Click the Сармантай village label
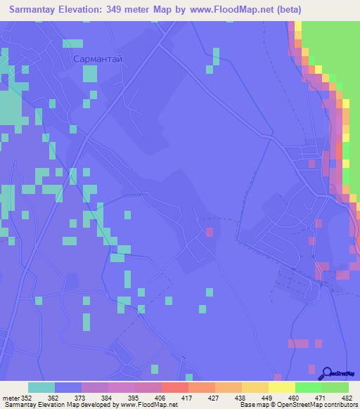(98, 60)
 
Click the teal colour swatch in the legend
(41, 387)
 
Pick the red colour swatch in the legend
(174, 387)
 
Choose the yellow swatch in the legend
(281, 387)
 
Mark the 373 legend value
(70, 397)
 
